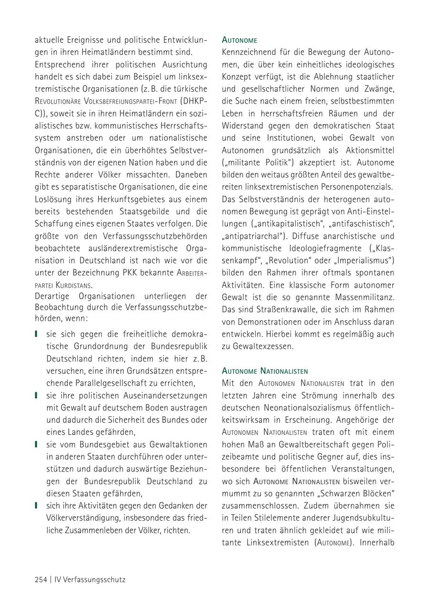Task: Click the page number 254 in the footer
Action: tap(41, 579)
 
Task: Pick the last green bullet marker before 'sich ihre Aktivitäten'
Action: tap(36, 505)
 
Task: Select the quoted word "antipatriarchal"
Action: tap(252, 236)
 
